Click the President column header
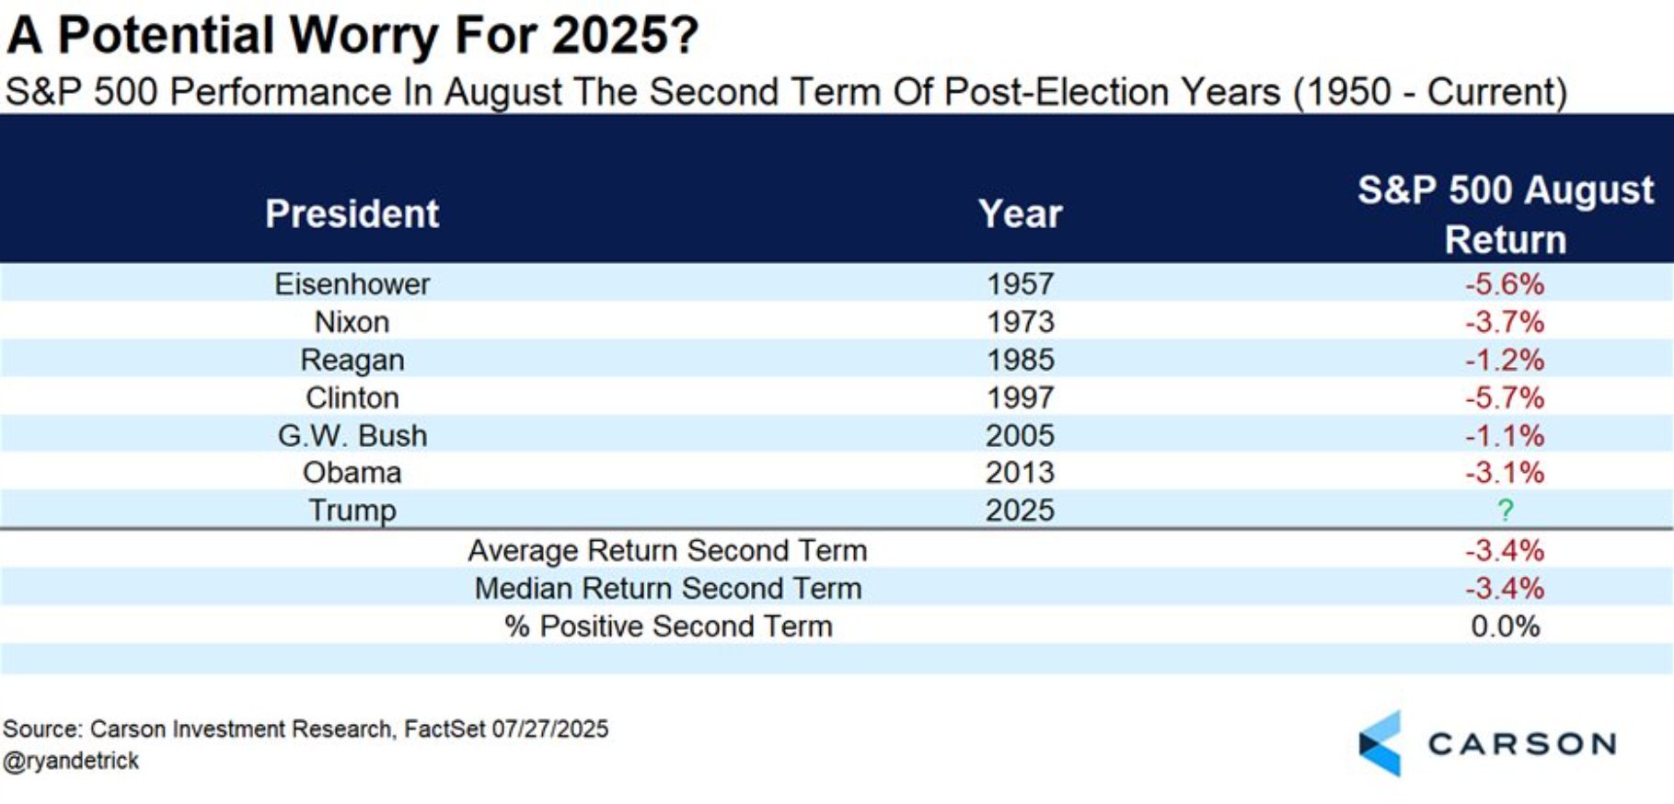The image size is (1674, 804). [352, 213]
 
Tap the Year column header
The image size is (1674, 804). [1020, 213]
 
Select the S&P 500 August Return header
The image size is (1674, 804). [1505, 214]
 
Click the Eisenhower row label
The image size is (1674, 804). [352, 283]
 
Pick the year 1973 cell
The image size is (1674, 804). [1020, 322]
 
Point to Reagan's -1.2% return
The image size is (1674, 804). [1505, 360]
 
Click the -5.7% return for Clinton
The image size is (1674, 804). [1505, 397]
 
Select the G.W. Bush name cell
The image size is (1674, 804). [352, 435]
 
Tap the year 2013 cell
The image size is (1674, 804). [1020, 473]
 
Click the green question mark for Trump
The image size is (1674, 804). [1505, 510]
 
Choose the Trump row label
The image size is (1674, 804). [352, 510]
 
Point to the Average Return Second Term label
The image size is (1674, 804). [667, 550]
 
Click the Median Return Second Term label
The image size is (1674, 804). [667, 588]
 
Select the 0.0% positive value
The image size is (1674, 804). [1505, 626]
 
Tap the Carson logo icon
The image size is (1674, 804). [1380, 743]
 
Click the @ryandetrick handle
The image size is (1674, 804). [71, 761]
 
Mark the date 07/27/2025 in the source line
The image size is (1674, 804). [549, 729]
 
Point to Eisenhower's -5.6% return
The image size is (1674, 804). [1505, 283]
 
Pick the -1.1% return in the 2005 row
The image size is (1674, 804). [1505, 435]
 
